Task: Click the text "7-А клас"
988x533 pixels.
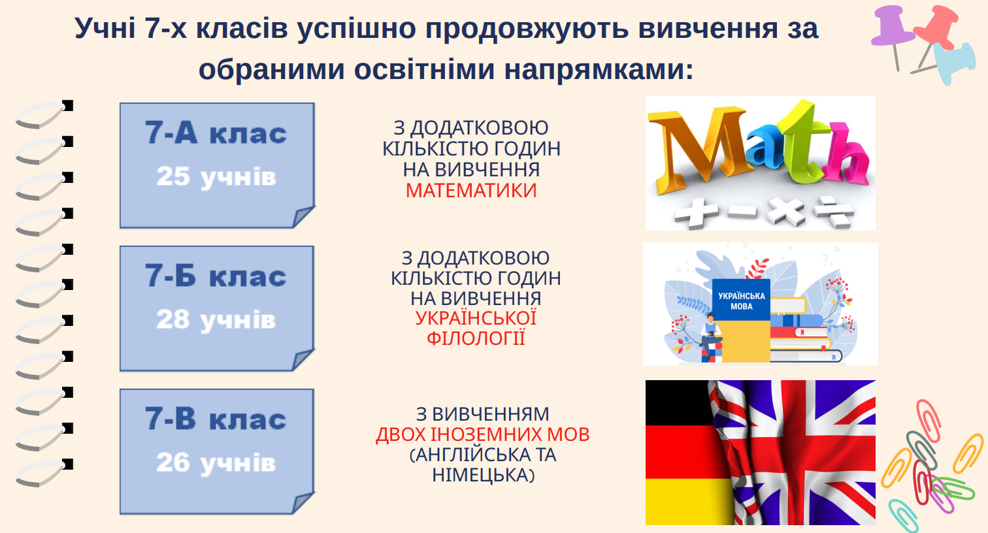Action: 216,133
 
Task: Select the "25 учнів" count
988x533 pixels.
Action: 216,177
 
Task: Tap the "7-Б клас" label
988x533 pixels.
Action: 216,276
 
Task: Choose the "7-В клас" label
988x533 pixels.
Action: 216,419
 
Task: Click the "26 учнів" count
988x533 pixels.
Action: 216,463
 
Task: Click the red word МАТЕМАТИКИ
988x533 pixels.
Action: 471,191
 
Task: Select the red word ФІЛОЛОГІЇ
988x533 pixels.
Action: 476,338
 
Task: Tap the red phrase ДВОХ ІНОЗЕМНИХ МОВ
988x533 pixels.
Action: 482,434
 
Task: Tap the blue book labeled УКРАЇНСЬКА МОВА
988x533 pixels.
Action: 742,300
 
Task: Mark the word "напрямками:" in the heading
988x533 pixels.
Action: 599,70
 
